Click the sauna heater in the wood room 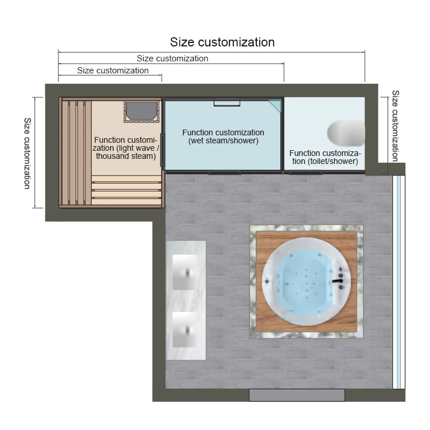pos(142,111)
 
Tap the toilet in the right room pos(346,133)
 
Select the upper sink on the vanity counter pos(185,272)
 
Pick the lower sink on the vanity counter pos(185,330)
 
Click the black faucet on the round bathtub pos(338,280)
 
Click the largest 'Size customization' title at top pos(222,42)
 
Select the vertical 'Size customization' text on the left pos(28,153)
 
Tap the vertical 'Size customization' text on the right pos(395,126)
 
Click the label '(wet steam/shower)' pos(223,140)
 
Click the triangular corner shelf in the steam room pos(276,105)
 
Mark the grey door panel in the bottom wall pos(297,395)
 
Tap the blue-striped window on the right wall pos(398,282)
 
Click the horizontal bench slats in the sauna pos(127,190)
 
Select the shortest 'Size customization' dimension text pos(113,71)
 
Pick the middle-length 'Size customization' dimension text pos(173,58)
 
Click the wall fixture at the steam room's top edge pos(227,102)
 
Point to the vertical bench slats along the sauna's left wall pos(75,153)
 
